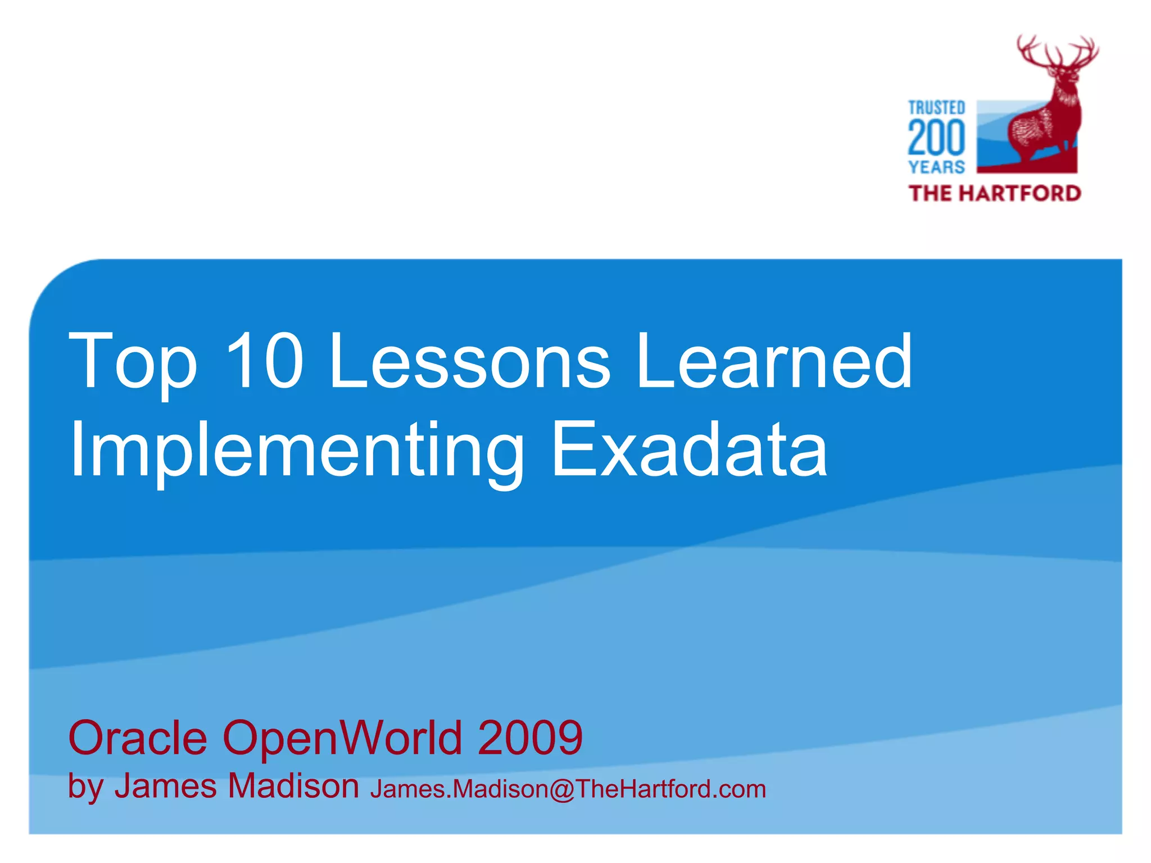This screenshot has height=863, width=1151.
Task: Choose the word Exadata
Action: pyautogui.click(x=689, y=449)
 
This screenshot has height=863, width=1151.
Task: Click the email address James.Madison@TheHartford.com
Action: pyautogui.click(x=568, y=789)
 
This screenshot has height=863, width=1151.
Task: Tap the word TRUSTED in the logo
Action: pyautogui.click(x=936, y=107)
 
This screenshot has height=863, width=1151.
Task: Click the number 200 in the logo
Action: pyautogui.click(x=936, y=138)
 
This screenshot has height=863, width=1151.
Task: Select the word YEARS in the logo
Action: pyautogui.click(x=936, y=167)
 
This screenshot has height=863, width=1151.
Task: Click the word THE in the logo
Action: pyautogui.click(x=930, y=193)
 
